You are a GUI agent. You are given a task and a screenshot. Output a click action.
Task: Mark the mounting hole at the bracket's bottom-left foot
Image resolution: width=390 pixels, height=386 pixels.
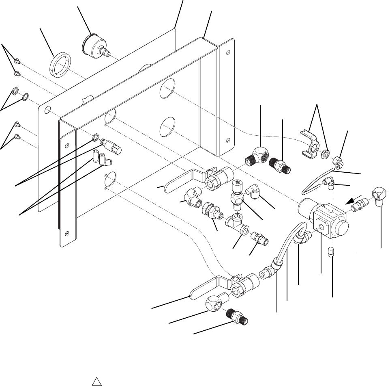point(67,233)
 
